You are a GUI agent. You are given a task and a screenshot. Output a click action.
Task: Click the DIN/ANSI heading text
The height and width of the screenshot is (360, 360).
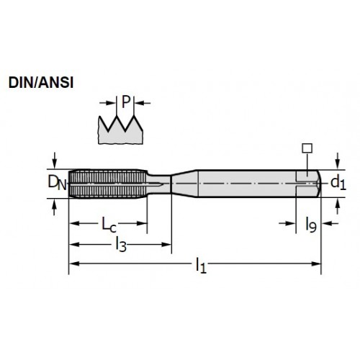41,83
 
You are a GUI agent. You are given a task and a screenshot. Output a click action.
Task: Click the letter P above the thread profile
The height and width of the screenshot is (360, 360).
126,102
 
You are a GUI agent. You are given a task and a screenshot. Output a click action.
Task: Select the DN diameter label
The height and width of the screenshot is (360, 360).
57,183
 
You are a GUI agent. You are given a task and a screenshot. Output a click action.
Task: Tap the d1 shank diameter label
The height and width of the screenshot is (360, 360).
338,182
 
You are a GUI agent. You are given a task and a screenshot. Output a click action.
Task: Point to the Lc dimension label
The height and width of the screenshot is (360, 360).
109,225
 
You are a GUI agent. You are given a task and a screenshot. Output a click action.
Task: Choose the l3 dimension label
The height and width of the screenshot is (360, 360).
121,244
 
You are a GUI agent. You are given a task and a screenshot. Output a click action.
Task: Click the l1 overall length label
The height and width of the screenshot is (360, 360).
201,265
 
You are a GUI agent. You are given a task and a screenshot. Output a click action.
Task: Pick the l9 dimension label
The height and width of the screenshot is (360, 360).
311,225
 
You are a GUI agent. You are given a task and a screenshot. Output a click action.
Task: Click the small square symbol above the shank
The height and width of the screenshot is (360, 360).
307,148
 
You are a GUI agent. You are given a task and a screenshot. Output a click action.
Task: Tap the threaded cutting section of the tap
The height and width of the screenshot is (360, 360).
107,184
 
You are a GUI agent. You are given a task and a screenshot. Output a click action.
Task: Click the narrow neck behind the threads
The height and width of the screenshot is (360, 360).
158,184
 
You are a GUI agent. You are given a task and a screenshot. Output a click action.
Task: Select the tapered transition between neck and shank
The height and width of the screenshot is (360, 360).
184,184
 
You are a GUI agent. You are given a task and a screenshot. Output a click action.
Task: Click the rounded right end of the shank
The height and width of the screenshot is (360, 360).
319,184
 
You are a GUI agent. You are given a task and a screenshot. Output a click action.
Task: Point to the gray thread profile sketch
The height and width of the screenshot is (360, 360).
120,130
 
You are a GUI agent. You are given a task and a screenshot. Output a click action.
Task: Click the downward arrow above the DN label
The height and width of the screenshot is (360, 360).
55,161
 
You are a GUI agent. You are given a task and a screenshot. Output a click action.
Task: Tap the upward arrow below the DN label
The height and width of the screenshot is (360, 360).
55,207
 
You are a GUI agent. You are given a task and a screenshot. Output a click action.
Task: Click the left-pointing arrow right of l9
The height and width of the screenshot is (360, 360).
330,223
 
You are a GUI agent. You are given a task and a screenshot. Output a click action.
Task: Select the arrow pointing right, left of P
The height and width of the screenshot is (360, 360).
107,103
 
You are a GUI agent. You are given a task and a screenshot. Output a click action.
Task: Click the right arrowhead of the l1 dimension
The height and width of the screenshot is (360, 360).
316,264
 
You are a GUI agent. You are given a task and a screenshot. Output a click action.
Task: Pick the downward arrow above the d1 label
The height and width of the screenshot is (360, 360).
338,161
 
